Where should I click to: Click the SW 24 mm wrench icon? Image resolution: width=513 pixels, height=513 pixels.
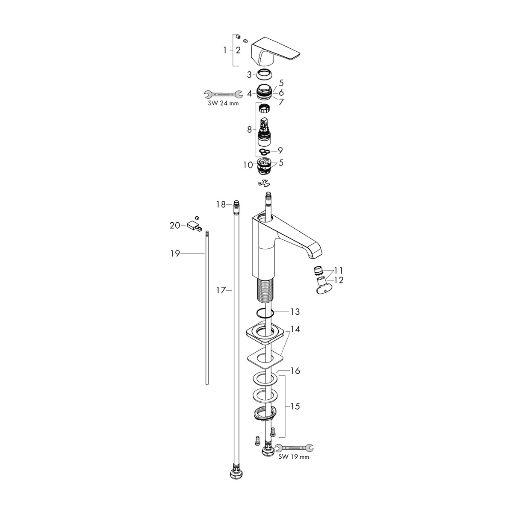223,94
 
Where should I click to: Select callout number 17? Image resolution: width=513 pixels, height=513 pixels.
221,290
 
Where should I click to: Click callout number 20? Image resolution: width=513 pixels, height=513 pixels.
175,225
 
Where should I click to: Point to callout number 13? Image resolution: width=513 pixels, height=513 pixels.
295,312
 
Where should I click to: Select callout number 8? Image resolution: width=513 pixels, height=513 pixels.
249,130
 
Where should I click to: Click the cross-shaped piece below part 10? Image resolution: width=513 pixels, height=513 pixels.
263,183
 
